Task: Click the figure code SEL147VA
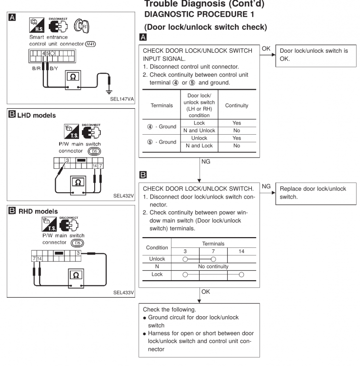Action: (119, 98)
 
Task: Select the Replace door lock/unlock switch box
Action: (314, 193)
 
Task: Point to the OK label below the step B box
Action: (206, 293)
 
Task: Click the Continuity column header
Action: (235, 105)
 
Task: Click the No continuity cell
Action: (212, 267)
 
